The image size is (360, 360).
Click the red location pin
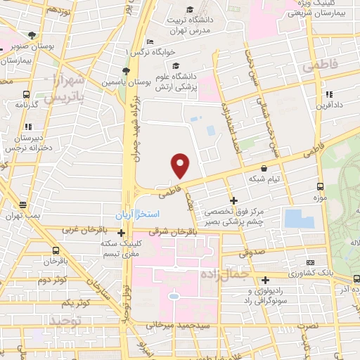tap(181, 165)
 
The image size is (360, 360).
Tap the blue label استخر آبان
tap(139, 212)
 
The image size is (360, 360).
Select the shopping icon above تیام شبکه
tap(264, 169)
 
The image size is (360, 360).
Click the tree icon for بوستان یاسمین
tap(125, 71)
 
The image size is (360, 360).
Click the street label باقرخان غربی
tap(82, 230)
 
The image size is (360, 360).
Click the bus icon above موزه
tap(320, 186)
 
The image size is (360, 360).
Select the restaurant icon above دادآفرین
tap(328, 94)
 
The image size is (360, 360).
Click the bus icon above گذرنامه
tap(26, 94)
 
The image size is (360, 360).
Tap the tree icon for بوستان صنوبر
tap(31, 35)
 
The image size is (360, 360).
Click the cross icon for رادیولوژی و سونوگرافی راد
tap(265, 280)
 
